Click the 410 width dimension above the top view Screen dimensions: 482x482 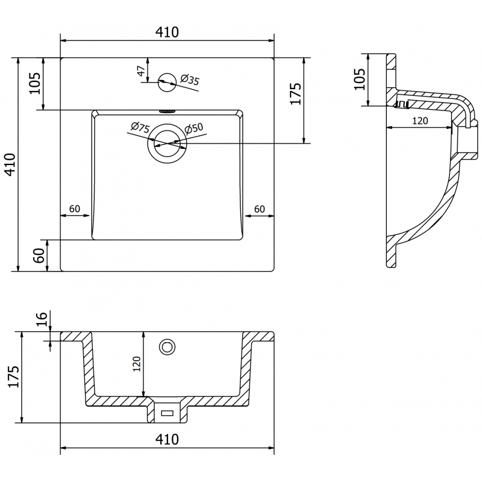(167, 33)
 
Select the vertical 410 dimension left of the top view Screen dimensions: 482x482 (10, 164)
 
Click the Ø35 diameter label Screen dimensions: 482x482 (190, 79)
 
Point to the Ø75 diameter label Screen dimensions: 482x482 (140, 128)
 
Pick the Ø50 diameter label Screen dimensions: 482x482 (194, 128)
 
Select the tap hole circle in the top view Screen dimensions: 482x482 (166, 83)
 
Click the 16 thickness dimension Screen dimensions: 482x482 (42, 319)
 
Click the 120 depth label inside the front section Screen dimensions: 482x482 (137, 363)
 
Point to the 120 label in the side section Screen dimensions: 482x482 (419, 120)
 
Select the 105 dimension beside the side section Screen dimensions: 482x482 (360, 79)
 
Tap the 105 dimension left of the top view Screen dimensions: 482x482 (35, 83)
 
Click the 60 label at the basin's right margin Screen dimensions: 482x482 (260, 208)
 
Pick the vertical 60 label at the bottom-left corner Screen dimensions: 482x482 (37, 255)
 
